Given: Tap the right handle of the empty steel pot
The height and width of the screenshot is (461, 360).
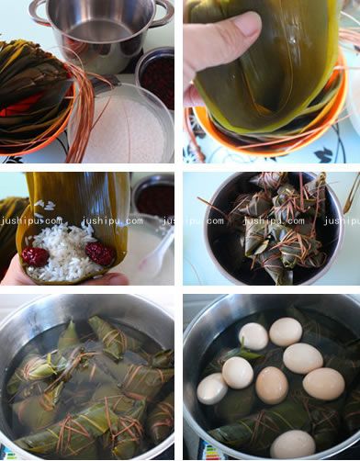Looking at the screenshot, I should point(163,11).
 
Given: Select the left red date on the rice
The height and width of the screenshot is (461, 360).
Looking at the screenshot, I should point(35,256).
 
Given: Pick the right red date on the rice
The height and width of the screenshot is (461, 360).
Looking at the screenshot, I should point(98,253).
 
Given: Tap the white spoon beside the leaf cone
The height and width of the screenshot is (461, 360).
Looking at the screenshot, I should point(156,248).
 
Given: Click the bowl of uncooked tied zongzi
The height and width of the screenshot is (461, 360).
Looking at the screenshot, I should point(271,225).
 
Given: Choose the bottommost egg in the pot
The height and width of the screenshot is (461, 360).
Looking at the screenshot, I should point(293,444).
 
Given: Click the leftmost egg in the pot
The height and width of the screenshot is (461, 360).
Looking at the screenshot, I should point(212,388).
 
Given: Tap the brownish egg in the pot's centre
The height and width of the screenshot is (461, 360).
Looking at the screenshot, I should point(272,386).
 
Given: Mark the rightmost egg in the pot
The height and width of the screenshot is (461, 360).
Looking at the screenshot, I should point(323,383).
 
